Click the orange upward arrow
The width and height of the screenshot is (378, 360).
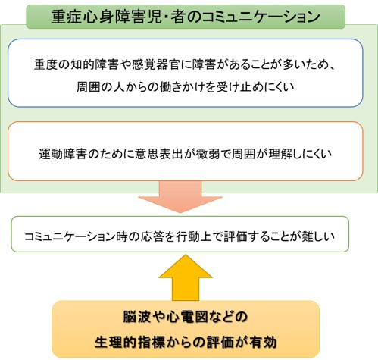[x=186, y=278]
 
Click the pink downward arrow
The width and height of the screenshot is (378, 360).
[x=180, y=196]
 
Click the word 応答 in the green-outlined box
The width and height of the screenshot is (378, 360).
[x=154, y=236]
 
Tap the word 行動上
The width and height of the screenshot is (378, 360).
[x=195, y=236]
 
